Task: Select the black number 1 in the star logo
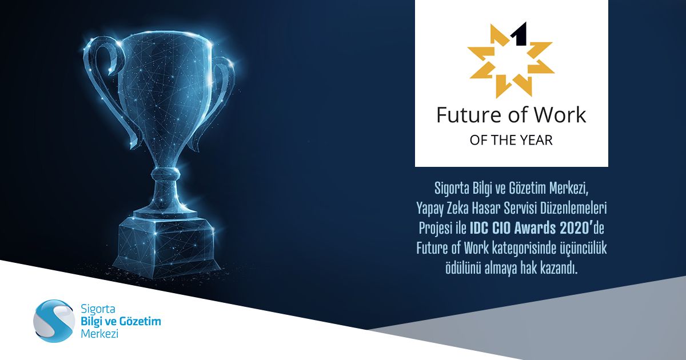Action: (x=519, y=34)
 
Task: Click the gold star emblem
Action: (x=511, y=61)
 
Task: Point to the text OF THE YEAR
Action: (x=511, y=140)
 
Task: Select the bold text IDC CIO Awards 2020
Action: (x=531, y=228)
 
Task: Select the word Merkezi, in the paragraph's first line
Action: (x=569, y=189)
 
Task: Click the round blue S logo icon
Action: (x=54, y=321)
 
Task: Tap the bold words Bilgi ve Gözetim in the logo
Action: (x=121, y=321)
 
